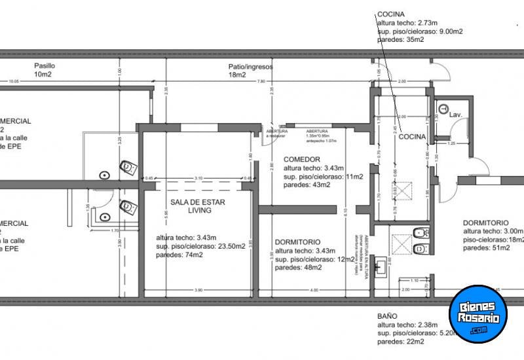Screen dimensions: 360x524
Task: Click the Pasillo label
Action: (x=45, y=66)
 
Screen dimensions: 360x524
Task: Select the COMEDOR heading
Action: (x=301, y=160)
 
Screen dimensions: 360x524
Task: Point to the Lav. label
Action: (x=456, y=115)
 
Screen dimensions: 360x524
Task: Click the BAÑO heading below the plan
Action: (x=386, y=316)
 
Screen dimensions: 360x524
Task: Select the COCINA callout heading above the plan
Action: (x=390, y=14)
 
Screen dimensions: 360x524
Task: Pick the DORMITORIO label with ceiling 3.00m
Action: (x=486, y=222)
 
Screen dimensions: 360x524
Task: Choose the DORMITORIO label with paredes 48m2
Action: (x=297, y=241)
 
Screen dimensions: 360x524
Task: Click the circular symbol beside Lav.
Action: (x=443, y=109)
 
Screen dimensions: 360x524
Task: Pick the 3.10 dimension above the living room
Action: (x=198, y=178)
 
